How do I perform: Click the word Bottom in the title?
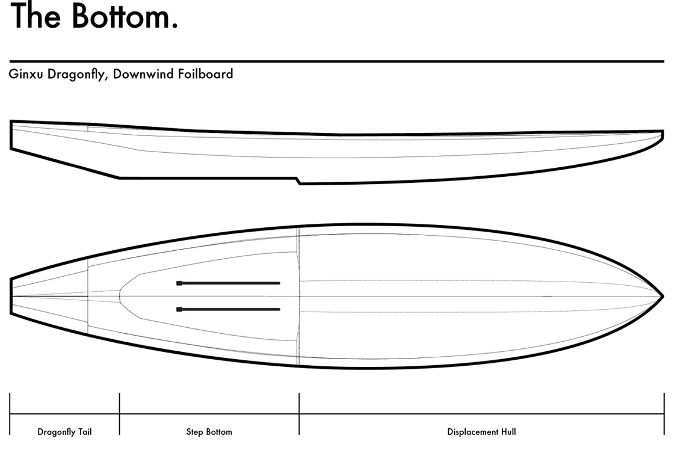[x=125, y=16]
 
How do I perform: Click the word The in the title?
[x=35, y=16]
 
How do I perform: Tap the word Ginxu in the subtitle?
[x=26, y=74]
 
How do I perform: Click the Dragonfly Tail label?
[x=64, y=432]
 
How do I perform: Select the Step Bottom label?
[x=209, y=432]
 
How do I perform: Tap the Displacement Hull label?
[x=481, y=432]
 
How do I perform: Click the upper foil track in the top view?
[x=228, y=283]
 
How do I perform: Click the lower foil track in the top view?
[x=228, y=309]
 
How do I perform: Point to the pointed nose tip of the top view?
[x=663, y=296]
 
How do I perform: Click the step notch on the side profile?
[x=298, y=181]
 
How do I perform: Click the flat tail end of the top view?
[x=11, y=297]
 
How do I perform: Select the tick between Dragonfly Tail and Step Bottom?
[x=120, y=414]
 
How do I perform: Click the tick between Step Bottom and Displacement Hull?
[x=299, y=414]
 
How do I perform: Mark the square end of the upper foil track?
[x=179, y=283]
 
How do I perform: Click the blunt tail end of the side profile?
[x=11, y=135]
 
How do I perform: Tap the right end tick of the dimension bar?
[x=664, y=414]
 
